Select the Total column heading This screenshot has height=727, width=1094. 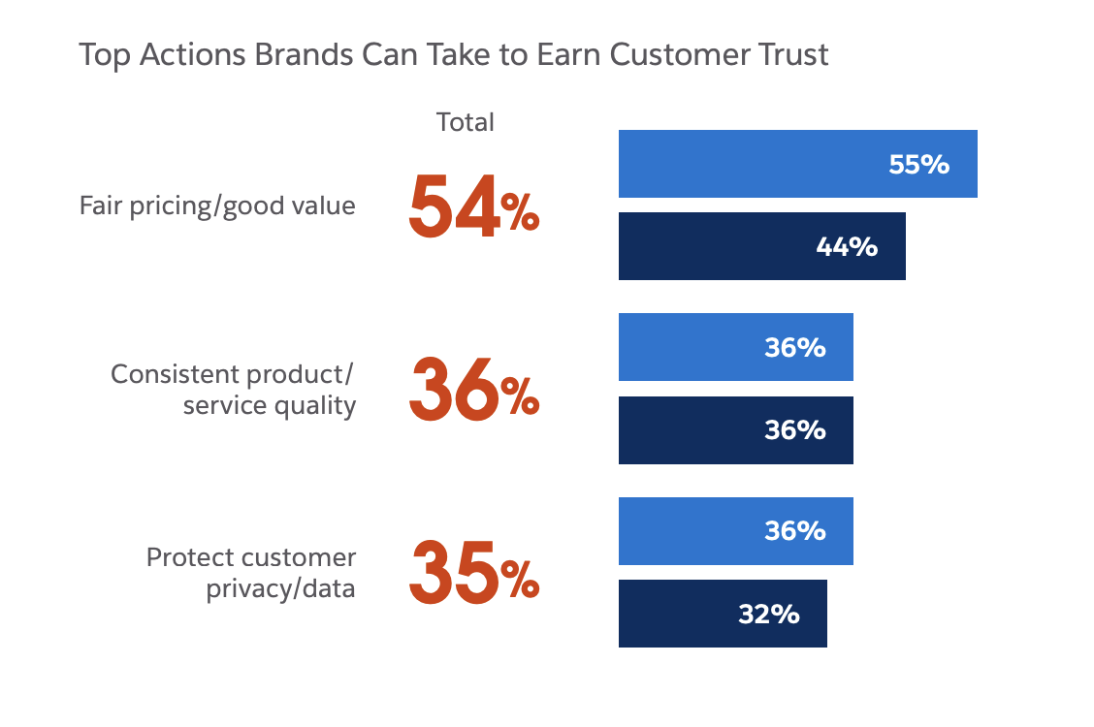click(x=466, y=122)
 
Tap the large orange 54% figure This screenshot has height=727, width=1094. click(x=472, y=207)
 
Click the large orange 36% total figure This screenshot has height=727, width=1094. click(x=472, y=391)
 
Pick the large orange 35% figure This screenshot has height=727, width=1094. click(x=472, y=573)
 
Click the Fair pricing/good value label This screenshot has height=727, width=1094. click(x=217, y=206)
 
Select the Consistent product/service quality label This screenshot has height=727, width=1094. click(x=234, y=390)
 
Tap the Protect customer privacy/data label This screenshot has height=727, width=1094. click(x=251, y=573)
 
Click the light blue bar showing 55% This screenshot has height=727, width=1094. click(x=797, y=164)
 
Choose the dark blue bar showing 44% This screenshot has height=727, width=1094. click(x=761, y=246)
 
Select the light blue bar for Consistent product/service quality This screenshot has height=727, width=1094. click(x=735, y=347)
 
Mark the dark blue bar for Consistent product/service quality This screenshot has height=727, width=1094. click(x=735, y=430)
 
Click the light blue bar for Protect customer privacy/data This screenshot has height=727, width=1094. click(x=735, y=531)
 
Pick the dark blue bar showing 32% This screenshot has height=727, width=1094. click(x=723, y=614)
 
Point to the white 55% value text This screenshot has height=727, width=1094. click(x=918, y=165)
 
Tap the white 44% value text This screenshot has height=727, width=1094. click(x=847, y=247)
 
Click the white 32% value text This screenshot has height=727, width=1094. click(x=768, y=614)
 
